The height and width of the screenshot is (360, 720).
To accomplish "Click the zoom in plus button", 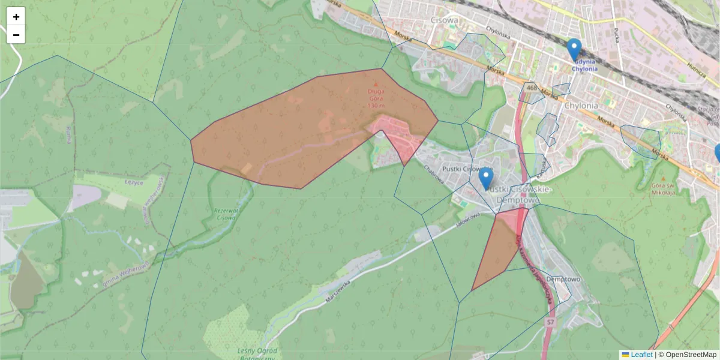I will (16, 17).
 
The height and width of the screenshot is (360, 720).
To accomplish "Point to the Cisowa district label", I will (445, 20).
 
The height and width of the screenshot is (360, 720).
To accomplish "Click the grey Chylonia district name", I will (581, 106).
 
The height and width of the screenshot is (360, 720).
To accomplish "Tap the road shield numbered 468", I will (530, 88).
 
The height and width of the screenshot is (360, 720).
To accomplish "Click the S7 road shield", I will (550, 323).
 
